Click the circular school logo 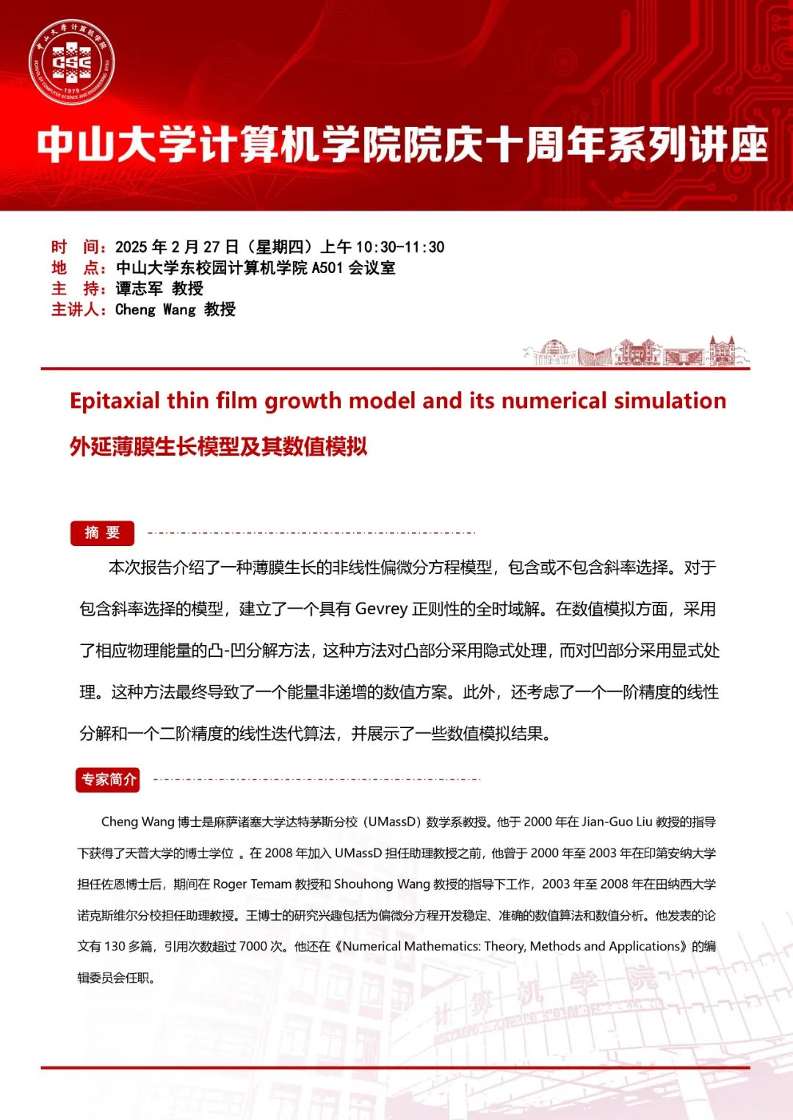tap(71, 62)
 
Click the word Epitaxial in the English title tap(115, 401)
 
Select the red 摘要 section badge tap(102, 533)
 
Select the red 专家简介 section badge tap(108, 779)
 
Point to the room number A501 tap(327, 268)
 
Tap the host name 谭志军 tap(140, 288)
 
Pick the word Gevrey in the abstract tap(381, 609)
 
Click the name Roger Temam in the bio tap(252, 884)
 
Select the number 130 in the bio tap(115, 947)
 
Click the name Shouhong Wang tap(382, 884)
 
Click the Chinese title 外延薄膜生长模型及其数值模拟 tap(218, 446)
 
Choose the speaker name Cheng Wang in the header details tap(156, 309)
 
